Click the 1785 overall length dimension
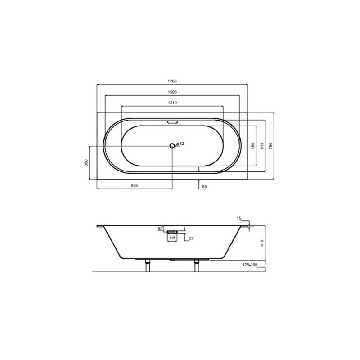(172, 81)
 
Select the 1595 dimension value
(172, 92)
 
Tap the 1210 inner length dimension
(172, 103)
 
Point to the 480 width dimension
(253, 146)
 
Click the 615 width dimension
(262, 146)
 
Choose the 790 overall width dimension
(271, 146)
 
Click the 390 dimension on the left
(86, 162)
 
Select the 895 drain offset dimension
(134, 185)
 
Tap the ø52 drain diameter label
(180, 144)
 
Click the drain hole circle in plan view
(172, 145)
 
